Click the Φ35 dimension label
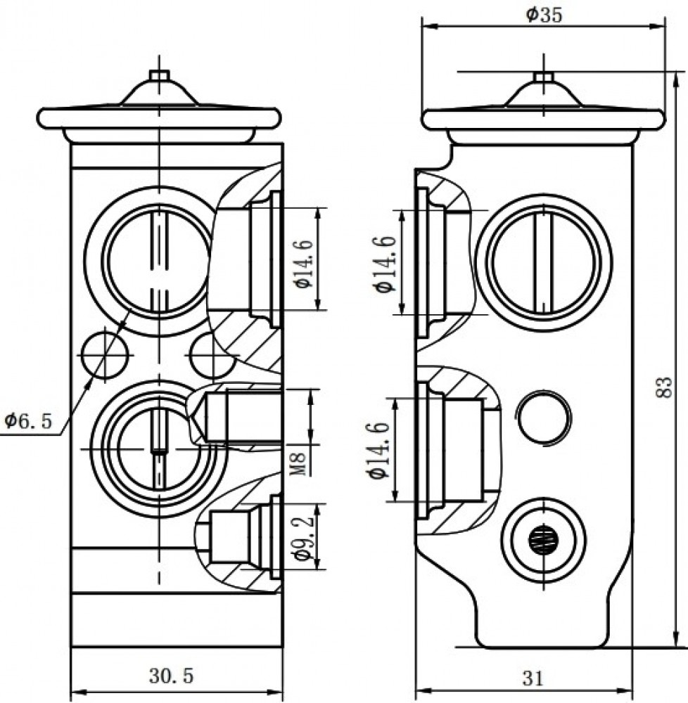544,15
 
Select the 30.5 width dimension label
172,676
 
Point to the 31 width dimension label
533,678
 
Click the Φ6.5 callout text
28,420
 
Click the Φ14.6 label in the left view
303,264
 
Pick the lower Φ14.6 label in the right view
379,450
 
